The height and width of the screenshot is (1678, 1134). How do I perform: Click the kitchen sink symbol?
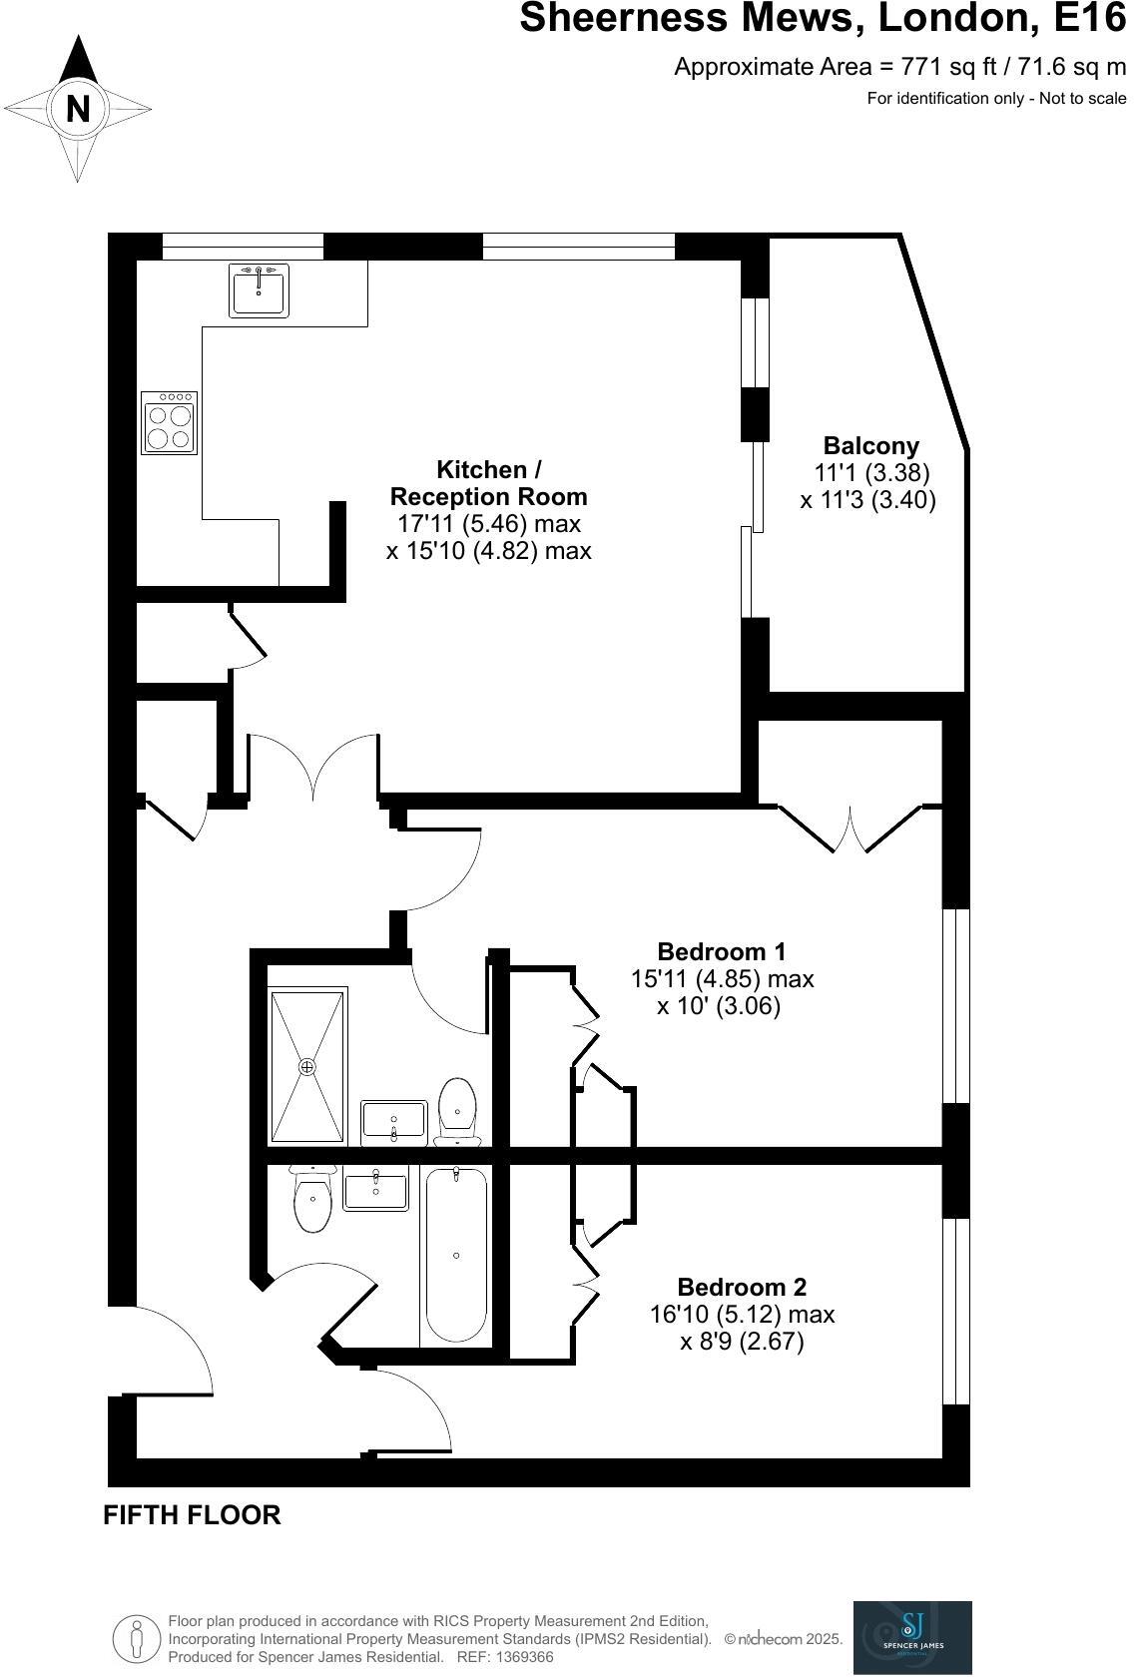(260, 290)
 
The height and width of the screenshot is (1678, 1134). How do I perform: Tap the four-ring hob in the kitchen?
(169, 423)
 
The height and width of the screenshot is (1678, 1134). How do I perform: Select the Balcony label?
(870, 446)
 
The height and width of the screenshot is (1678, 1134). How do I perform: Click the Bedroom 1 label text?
(722, 951)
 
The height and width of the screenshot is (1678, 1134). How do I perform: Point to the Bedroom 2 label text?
(742, 1287)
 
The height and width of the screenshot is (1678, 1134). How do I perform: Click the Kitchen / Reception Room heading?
(488, 483)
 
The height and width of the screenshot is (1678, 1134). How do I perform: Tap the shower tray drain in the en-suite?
(307, 1067)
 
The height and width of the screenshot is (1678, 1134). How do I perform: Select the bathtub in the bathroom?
(456, 1255)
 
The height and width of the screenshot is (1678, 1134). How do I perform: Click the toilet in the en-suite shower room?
(458, 1110)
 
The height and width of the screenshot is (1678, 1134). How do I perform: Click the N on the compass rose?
(78, 108)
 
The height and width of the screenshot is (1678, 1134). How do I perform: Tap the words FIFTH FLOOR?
(192, 1515)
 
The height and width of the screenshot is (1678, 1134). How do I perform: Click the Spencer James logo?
(911, 1637)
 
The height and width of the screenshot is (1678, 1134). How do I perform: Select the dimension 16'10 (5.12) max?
(742, 1315)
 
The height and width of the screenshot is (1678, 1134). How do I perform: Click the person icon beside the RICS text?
(137, 1639)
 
